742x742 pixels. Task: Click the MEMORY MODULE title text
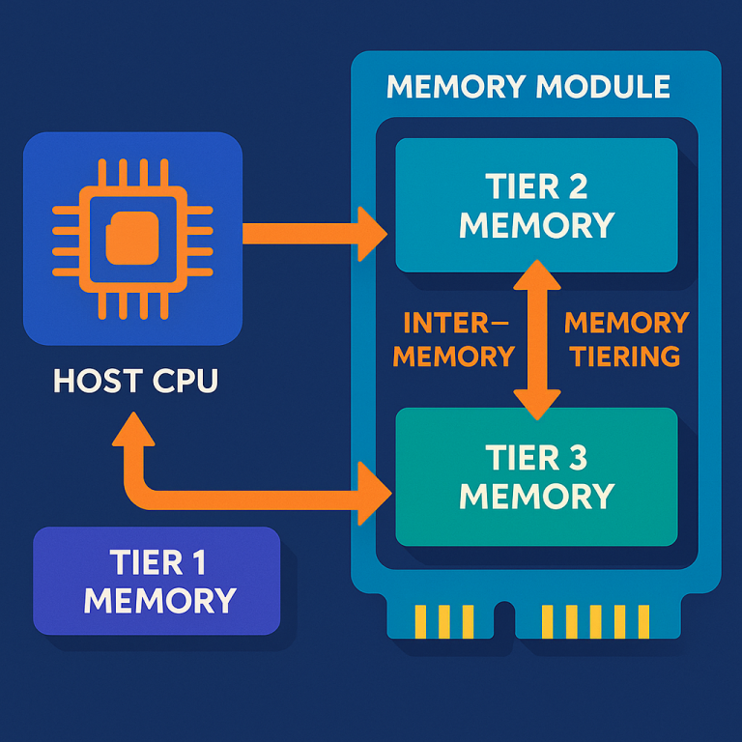click(x=528, y=87)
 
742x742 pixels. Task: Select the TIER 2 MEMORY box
click(x=536, y=205)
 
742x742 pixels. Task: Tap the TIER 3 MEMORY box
click(x=536, y=475)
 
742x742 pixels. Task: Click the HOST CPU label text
click(x=135, y=380)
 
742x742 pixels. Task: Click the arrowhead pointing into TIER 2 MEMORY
click(x=373, y=233)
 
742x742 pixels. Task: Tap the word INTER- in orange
click(x=454, y=322)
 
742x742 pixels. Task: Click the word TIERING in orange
click(x=625, y=356)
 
